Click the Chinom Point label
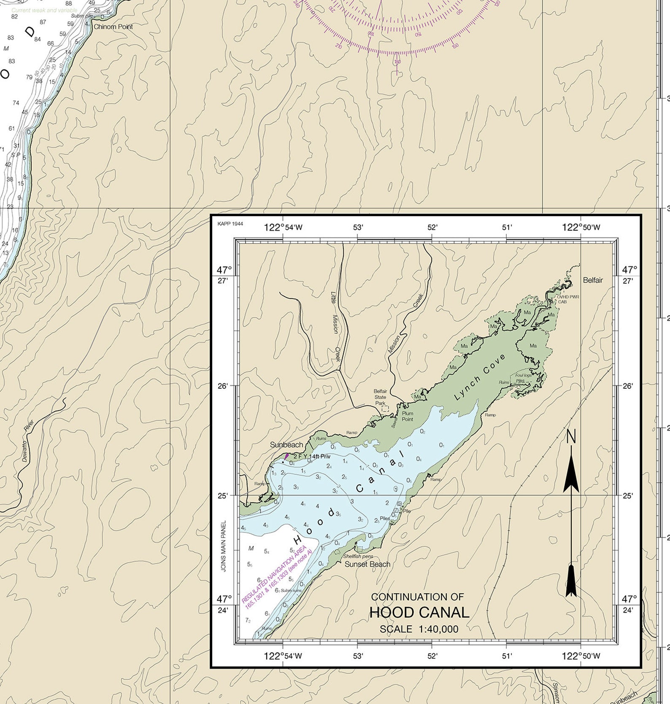coord(113,27)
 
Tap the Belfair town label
coord(593,280)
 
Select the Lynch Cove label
coord(480,377)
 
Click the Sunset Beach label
coord(367,564)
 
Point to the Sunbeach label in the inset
coord(286,445)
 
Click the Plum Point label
coord(408,416)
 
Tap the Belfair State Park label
coord(380,397)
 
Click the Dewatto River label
coord(27,440)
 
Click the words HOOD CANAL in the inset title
coord(419,612)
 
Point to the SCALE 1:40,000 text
coord(419,629)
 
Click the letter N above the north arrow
coord(571,437)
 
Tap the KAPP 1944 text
coord(230,224)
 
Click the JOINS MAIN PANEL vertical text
coord(224,546)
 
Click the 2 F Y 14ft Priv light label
coord(311,456)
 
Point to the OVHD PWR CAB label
coord(568,299)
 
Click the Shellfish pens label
coord(358,556)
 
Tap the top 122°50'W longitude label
coord(581,228)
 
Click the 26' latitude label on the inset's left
coord(222,386)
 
